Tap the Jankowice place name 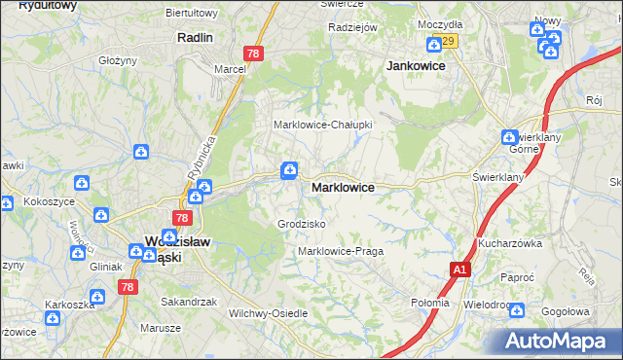tap(416, 65)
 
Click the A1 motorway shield tap(459, 270)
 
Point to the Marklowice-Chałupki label tap(322, 125)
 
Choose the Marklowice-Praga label tap(341, 251)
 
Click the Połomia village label tap(430, 302)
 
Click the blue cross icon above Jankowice tap(434, 44)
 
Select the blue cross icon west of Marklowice tap(289, 171)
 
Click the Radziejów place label tap(352, 27)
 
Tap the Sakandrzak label tap(188, 302)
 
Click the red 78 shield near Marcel tap(252, 54)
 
